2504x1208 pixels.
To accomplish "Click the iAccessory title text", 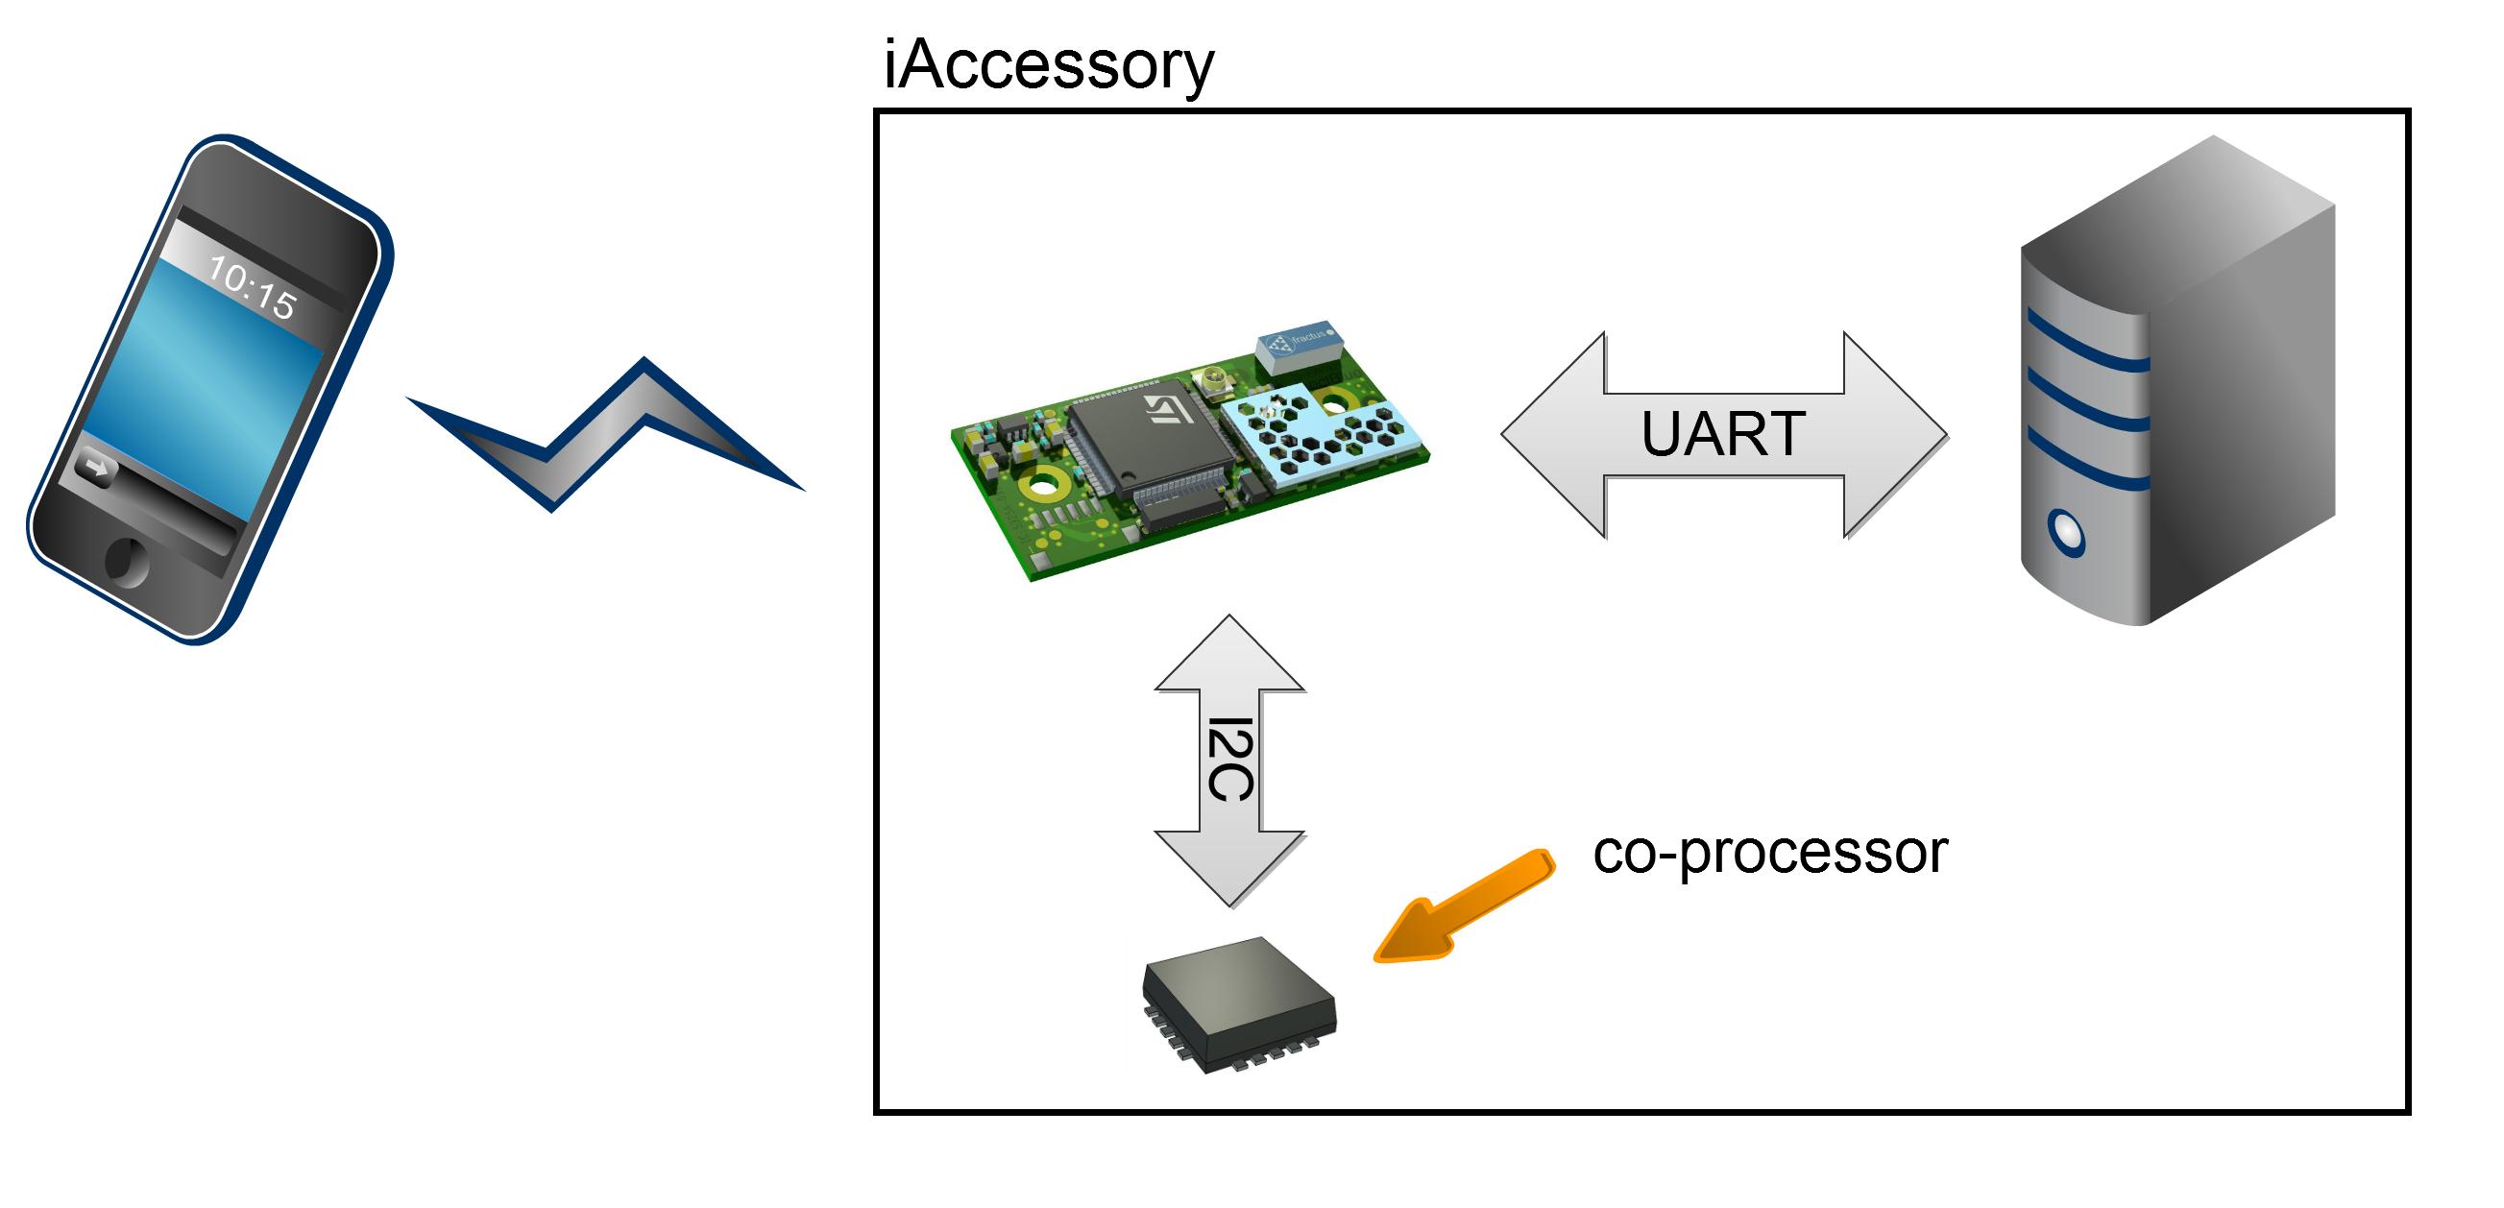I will coord(1048,66).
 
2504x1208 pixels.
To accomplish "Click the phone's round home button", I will coord(127,562).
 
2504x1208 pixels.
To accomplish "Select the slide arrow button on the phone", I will coord(95,470).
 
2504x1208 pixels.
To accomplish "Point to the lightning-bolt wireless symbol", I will coord(602,437).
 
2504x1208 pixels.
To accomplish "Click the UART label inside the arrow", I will coord(1722,434).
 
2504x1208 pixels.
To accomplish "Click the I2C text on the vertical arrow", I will coord(1229,760).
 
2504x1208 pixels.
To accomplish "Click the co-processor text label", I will coord(1769,853).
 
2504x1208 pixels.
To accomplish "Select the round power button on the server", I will coord(2066,533).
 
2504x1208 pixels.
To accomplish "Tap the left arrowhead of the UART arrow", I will coord(1555,434).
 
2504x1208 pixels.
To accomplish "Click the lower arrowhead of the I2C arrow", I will coord(1229,868).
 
